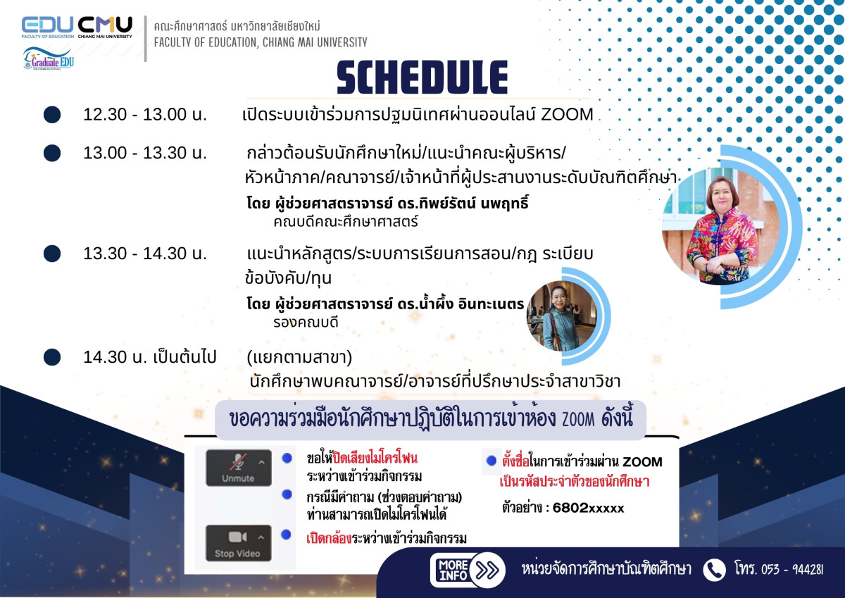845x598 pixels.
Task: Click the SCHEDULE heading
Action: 422,77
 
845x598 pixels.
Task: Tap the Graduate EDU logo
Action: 49,58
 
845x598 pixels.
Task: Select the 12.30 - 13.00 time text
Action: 145,114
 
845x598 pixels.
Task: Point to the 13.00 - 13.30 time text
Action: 145,153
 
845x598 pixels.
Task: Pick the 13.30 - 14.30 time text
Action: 145,253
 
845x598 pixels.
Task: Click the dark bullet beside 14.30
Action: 52,357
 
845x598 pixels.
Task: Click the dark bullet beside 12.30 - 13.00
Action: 52,114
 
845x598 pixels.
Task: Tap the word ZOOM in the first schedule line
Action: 567,114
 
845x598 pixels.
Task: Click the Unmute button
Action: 239,468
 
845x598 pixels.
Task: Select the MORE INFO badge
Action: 453,570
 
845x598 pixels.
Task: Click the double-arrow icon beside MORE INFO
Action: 487,570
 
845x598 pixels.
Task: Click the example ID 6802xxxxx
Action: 588,508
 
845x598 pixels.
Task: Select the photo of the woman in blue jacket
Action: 562,316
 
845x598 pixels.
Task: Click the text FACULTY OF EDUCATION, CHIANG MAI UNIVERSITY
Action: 261,42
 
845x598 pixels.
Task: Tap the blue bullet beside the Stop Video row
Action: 287,535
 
